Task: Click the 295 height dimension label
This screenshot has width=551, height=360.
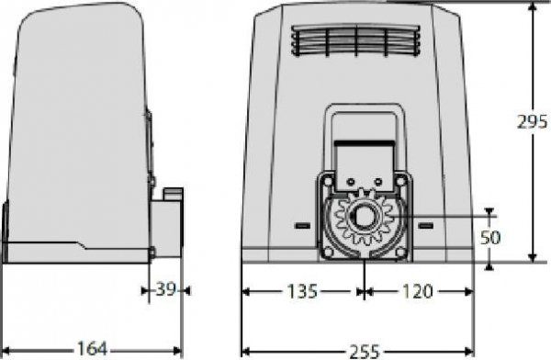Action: [531, 122]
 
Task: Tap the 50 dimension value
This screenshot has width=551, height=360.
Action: [490, 237]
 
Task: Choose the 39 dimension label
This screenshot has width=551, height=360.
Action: [165, 290]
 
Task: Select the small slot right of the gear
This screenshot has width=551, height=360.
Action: [425, 224]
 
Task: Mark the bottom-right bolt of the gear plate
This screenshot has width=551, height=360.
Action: [403, 249]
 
